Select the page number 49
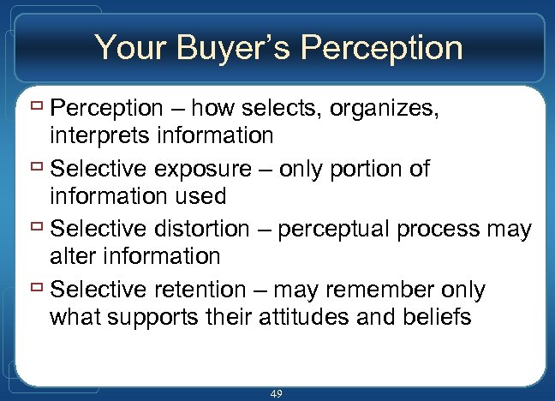click(x=276, y=393)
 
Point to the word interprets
click(x=95, y=135)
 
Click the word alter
click(x=72, y=255)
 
